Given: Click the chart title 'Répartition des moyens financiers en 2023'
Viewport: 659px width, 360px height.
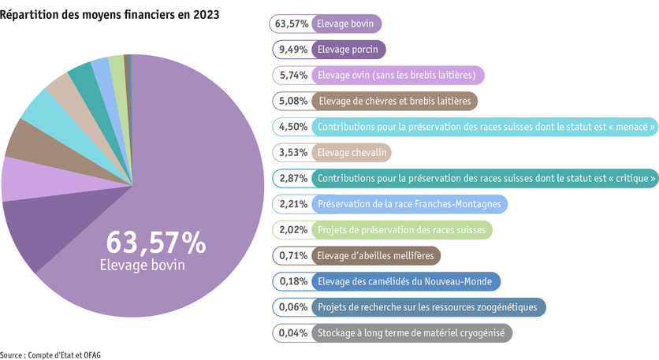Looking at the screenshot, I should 110,15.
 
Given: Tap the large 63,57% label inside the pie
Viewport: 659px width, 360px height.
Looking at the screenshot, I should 155,242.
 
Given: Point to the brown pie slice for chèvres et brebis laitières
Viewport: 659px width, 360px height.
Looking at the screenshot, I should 28,139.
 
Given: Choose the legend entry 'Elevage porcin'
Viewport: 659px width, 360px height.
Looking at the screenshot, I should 347,50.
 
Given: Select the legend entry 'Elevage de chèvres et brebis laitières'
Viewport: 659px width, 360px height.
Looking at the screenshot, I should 393,102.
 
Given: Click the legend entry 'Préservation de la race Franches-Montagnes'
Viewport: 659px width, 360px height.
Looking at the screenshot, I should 408,204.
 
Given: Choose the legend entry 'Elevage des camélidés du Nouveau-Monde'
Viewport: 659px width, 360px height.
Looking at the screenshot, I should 404,281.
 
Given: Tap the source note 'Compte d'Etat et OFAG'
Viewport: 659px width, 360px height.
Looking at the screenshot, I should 63,354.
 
